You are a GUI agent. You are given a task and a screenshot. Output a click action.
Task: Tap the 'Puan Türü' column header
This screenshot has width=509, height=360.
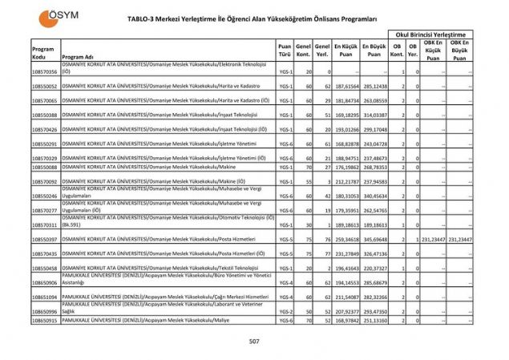(x=284, y=52)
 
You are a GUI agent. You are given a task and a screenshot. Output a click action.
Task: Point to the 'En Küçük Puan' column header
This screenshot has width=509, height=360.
(x=346, y=52)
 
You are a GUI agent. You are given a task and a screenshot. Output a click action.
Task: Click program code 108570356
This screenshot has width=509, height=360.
(x=45, y=72)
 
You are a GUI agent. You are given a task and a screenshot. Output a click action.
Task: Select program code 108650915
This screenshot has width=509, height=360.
(x=45, y=320)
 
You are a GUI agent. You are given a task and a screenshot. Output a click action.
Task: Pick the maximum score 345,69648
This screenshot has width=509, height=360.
(x=374, y=239)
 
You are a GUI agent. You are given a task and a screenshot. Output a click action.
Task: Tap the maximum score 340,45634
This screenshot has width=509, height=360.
(x=374, y=196)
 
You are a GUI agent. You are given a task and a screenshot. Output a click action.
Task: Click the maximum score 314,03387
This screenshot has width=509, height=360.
(x=374, y=115)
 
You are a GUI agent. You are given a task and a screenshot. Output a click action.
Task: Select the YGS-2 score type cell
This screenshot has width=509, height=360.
(x=285, y=311)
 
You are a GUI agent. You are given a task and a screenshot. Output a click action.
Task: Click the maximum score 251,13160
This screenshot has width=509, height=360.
(x=374, y=320)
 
